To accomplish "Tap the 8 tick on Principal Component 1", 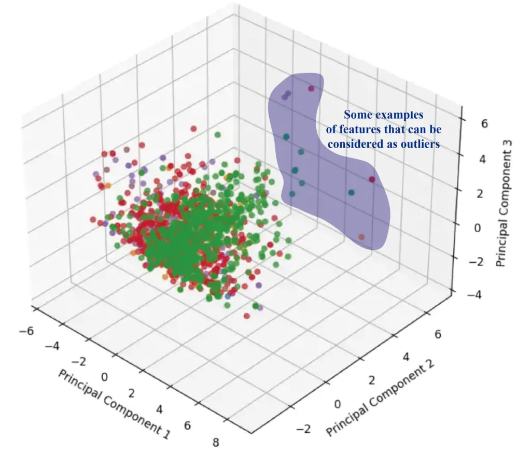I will click(x=215, y=442).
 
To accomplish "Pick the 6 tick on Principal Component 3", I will click(x=470, y=123).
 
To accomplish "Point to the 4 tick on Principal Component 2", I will click(x=407, y=358).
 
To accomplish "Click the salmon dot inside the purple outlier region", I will click(x=361, y=237).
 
